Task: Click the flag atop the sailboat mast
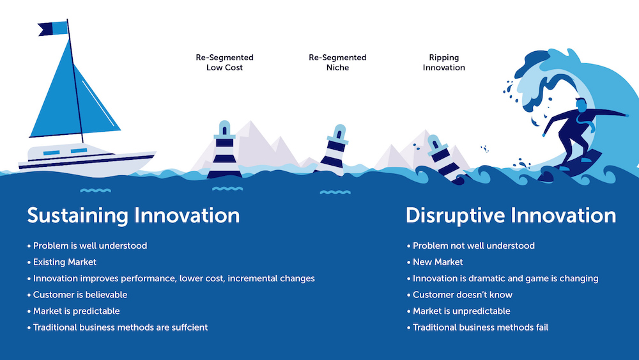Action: click(x=53, y=28)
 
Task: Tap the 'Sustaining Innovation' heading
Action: click(x=133, y=215)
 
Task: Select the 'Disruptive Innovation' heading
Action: click(x=511, y=215)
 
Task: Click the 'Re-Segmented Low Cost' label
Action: click(x=224, y=62)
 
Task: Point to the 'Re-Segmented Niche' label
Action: click(x=337, y=62)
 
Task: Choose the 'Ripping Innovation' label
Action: click(x=443, y=62)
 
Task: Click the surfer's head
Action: click(x=580, y=104)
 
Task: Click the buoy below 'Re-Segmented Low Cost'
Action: click(x=224, y=151)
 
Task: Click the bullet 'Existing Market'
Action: click(x=65, y=262)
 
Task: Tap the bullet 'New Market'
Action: click(x=438, y=262)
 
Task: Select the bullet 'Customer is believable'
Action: click(x=80, y=295)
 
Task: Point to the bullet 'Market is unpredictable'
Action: click(x=461, y=311)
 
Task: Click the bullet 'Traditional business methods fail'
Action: click(x=480, y=327)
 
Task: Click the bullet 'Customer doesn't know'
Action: click(x=463, y=295)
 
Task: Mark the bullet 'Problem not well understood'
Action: click(x=473, y=246)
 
